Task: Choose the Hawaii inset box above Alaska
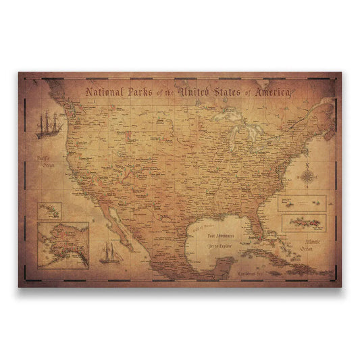tap(50, 210)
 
